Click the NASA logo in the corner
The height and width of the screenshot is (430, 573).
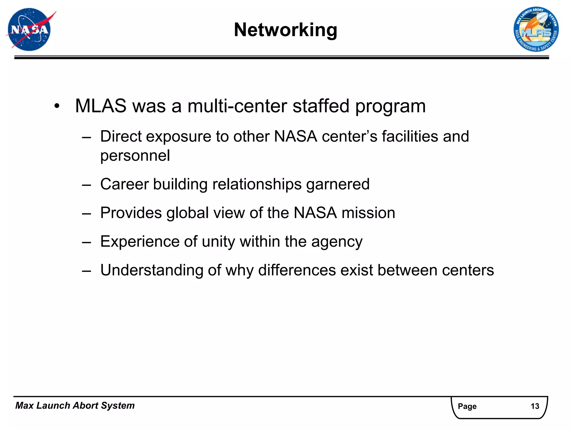tap(29, 29)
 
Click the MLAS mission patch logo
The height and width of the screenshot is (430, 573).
tap(536, 29)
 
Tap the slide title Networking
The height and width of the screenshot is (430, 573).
tap(285, 30)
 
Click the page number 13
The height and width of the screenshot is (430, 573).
tap(535, 406)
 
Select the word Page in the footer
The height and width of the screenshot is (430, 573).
tap(467, 406)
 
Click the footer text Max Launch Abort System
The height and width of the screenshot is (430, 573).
tap(75, 405)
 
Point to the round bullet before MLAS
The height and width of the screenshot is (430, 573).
tap(57, 106)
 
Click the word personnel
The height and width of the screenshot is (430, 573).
tap(135, 156)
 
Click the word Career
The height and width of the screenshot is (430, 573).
tap(124, 184)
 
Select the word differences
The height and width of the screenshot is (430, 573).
tap(297, 270)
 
